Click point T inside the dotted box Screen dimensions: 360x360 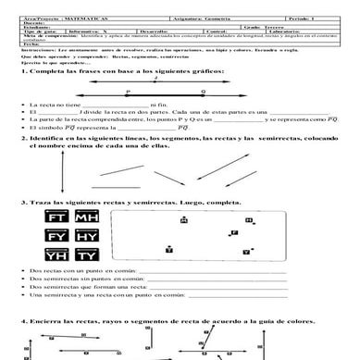168,249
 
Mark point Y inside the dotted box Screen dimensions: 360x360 244,251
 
